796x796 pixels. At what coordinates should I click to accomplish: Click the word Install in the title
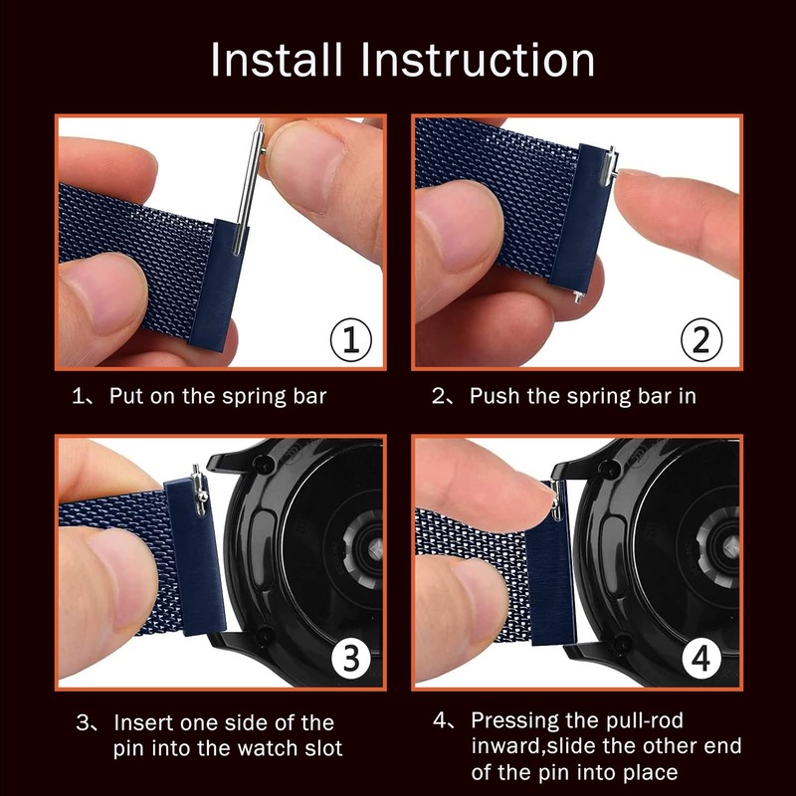[x=277, y=60]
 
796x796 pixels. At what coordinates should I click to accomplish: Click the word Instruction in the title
[x=478, y=60]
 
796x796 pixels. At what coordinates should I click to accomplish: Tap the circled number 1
[x=351, y=339]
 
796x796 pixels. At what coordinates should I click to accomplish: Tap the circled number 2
[x=701, y=339]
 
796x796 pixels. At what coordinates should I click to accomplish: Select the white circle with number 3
[x=351, y=659]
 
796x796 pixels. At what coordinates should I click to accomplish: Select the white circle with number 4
[x=701, y=659]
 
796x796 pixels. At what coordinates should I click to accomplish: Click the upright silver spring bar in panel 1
[x=249, y=189]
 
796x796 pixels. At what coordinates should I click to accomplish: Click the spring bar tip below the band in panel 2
[x=578, y=296]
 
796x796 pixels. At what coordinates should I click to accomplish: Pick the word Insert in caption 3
[x=143, y=723]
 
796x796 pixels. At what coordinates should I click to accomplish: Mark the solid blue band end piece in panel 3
[x=196, y=556]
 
